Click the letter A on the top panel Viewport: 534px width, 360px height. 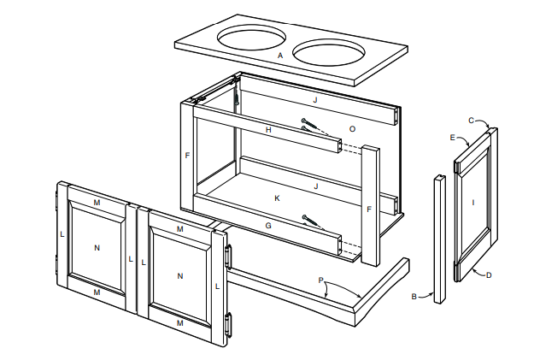click(280, 56)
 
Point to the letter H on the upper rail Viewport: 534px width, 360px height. click(268, 130)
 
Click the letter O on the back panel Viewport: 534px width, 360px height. click(352, 128)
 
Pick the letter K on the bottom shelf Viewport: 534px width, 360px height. click(277, 198)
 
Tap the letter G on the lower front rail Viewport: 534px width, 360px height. click(268, 226)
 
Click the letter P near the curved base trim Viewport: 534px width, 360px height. click(320, 280)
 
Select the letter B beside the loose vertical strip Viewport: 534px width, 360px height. click(414, 297)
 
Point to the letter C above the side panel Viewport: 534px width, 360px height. click(471, 120)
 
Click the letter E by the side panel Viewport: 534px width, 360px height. click(452, 137)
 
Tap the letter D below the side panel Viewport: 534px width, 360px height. click(489, 275)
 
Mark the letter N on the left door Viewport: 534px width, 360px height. click(97, 248)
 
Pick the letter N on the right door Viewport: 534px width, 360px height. click(180, 275)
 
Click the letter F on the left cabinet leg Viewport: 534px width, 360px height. click(186, 156)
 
